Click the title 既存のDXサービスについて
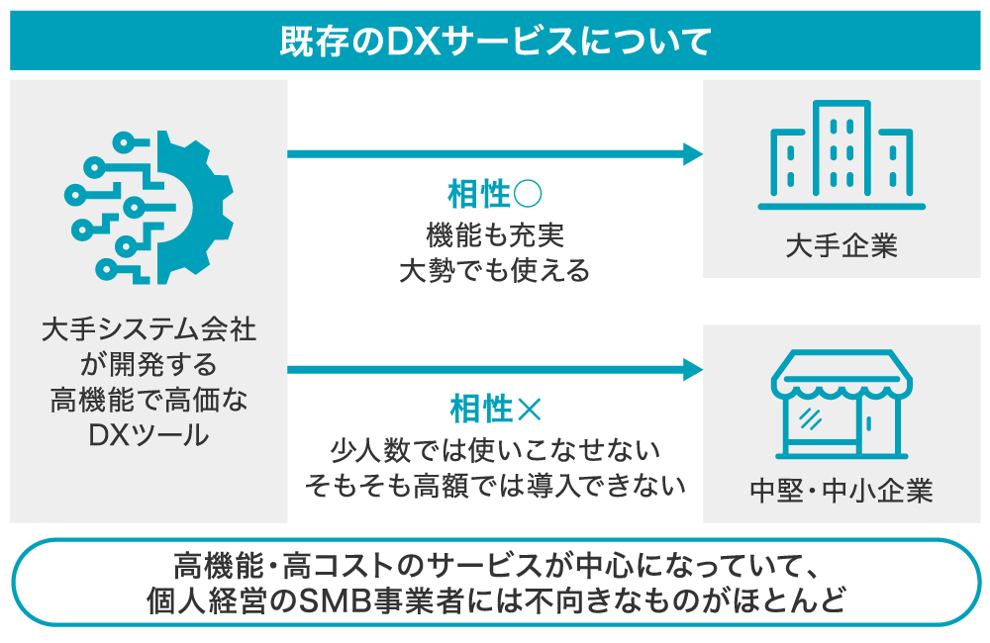pyautogui.click(x=495, y=42)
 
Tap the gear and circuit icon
pyautogui.click(x=148, y=206)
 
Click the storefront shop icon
pyautogui.click(x=841, y=407)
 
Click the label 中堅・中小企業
pyautogui.click(x=841, y=491)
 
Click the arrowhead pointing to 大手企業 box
pyautogui.click(x=693, y=153)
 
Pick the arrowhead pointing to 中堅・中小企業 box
pyautogui.click(x=693, y=370)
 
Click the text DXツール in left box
pyautogui.click(x=148, y=433)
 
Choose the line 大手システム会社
pyautogui.click(x=148, y=329)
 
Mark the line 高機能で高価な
pyautogui.click(x=148, y=399)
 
